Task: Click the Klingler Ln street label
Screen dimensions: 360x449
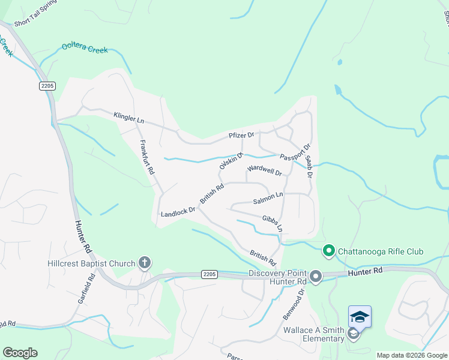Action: tap(129, 117)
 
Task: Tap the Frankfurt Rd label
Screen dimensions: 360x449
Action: tap(147, 157)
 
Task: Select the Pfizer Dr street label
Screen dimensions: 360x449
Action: tap(242, 136)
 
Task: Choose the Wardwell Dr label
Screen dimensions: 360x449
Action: tap(264, 170)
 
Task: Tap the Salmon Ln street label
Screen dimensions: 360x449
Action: tap(268, 197)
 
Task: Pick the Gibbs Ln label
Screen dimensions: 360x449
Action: tap(272, 223)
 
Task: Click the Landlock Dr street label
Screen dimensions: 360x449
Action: tap(178, 212)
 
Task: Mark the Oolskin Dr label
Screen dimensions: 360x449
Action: tap(231, 161)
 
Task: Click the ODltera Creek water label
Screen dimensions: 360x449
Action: tap(85, 49)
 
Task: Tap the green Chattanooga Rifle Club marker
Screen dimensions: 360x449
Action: tap(328, 251)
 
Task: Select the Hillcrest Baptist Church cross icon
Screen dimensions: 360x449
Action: tap(144, 262)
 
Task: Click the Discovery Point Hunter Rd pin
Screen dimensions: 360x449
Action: tap(316, 277)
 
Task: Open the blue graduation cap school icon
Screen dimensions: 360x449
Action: tap(360, 316)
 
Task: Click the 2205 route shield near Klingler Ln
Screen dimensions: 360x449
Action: tap(47, 86)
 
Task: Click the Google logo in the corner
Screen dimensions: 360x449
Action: tap(20, 353)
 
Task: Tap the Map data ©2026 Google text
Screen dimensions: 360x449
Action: tap(412, 355)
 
